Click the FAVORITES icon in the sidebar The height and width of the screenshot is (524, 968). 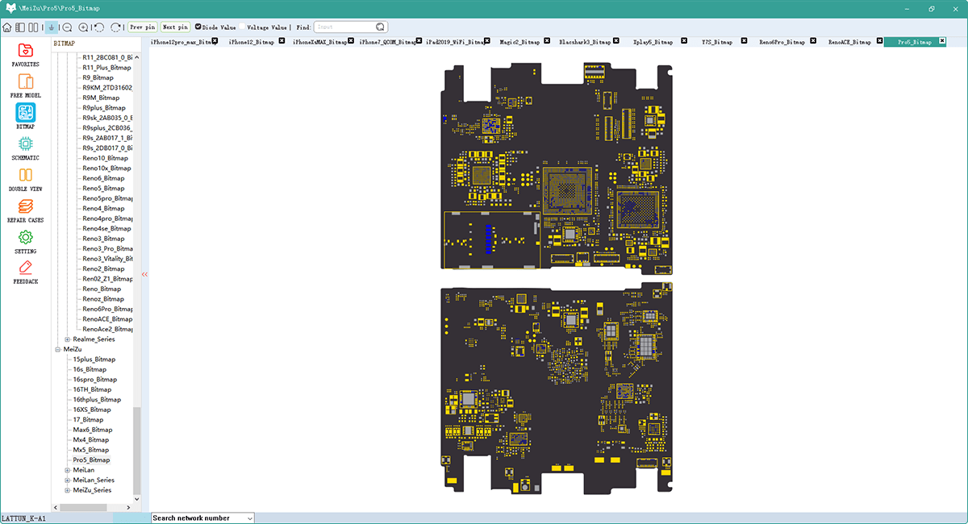[25, 51]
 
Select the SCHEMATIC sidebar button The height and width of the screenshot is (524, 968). [25, 144]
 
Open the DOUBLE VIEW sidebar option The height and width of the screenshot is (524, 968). [25, 176]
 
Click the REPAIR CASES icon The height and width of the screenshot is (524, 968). [25, 206]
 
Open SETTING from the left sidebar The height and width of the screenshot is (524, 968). [25, 238]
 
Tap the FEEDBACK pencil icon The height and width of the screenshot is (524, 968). [25, 268]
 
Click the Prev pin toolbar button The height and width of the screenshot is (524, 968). [143, 27]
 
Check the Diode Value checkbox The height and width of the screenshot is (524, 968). [199, 27]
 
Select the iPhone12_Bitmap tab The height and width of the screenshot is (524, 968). [251, 42]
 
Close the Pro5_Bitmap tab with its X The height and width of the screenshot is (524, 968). [942, 41]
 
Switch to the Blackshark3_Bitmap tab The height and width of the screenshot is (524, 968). [584, 42]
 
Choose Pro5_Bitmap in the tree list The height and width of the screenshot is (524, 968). [91, 460]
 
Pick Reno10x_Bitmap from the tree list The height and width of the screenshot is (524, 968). [107, 168]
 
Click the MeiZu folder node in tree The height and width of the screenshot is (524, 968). [73, 349]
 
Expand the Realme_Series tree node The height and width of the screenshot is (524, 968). [68, 339]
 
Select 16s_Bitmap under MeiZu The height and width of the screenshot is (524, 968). [90, 369]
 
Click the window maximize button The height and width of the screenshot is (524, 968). [931, 9]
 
